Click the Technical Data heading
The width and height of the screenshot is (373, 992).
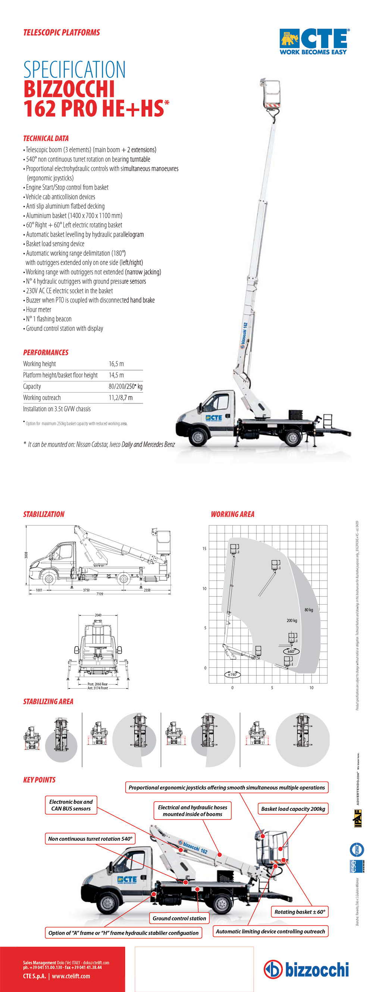coord(46,138)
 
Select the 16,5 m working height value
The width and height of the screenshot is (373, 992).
coord(116,364)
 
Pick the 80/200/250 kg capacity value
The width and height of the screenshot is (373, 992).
coord(125,386)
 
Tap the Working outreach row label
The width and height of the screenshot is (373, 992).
coord(42,398)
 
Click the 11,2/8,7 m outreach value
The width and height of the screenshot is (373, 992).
coord(120,398)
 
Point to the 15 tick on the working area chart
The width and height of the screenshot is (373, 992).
coord(204,548)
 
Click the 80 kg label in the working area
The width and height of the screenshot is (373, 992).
coord(308,610)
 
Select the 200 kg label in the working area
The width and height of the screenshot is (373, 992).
coord(292,620)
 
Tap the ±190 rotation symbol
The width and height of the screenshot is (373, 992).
coord(232,674)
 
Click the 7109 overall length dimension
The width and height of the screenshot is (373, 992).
coord(100,594)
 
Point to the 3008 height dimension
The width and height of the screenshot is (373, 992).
coord(26,555)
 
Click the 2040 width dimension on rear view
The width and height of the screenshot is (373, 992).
coord(98,615)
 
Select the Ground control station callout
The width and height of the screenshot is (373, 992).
coord(179,918)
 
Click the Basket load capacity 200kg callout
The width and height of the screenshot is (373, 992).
coord(293,809)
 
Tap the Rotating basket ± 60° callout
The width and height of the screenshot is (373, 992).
coord(300,911)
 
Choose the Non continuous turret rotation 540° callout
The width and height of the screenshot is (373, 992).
coord(90,839)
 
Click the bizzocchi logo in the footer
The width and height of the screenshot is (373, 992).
coord(306,969)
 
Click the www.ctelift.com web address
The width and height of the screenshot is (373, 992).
coord(71,976)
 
